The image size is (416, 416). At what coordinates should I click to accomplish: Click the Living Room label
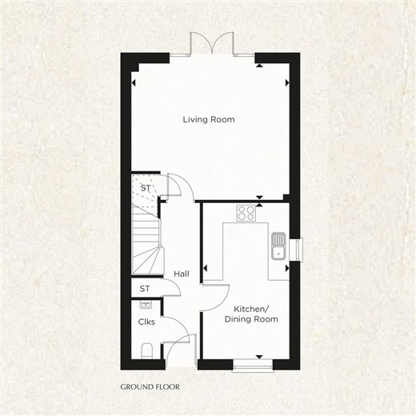click(x=209, y=119)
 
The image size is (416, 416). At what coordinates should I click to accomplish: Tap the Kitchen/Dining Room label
click(x=251, y=314)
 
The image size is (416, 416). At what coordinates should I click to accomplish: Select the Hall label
click(x=182, y=274)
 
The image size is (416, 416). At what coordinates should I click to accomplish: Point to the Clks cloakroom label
click(x=146, y=322)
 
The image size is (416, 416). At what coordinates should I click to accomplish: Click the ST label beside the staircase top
click(x=146, y=188)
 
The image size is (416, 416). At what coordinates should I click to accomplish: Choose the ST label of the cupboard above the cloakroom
click(x=145, y=289)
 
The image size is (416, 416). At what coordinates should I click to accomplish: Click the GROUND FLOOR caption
click(x=150, y=386)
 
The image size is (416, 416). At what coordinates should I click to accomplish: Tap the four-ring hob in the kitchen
click(x=246, y=213)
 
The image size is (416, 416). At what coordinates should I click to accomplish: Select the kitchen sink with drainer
click(x=278, y=246)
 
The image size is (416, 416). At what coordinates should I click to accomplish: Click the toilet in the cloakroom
click(x=146, y=350)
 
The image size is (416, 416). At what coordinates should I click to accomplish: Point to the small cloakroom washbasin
click(x=146, y=304)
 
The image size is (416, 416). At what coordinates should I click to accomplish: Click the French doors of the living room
click(x=212, y=43)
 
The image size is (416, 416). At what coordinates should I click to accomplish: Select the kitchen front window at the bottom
click(x=252, y=366)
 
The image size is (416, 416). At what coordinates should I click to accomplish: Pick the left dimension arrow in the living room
click(x=134, y=83)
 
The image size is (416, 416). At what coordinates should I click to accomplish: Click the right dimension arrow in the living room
click(x=287, y=83)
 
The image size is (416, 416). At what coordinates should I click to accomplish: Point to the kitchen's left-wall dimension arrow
click(x=205, y=268)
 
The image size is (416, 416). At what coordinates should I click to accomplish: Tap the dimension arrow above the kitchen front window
click(x=259, y=357)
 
